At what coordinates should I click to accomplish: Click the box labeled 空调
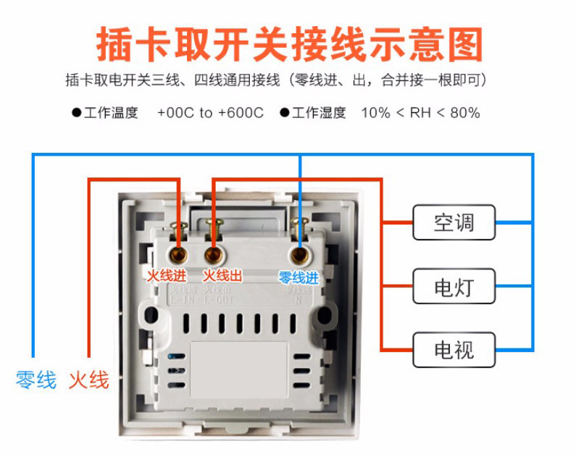click(x=454, y=222)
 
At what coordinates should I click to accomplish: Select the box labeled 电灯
click(x=454, y=286)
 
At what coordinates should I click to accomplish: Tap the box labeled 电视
click(x=454, y=350)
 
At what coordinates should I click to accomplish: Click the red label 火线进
click(x=167, y=276)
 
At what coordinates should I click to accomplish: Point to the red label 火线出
click(x=222, y=276)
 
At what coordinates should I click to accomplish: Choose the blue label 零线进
click(x=299, y=277)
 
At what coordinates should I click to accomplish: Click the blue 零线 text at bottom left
click(x=36, y=380)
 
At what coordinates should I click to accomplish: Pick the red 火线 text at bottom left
click(x=89, y=380)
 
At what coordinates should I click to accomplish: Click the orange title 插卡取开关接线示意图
click(x=289, y=44)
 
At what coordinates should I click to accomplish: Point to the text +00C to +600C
click(x=210, y=113)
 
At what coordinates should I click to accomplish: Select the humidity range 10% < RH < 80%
click(x=420, y=113)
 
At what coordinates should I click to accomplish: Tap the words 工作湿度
click(x=320, y=113)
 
